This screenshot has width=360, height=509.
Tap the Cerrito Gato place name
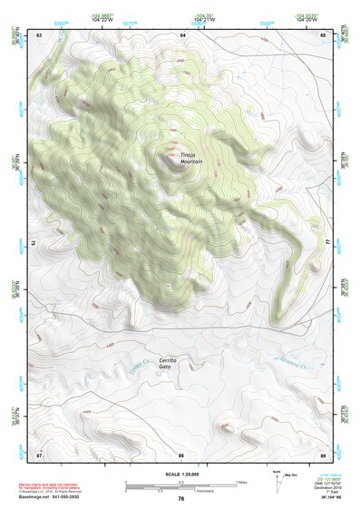pos(168,364)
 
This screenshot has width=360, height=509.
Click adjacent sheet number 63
pos(39,34)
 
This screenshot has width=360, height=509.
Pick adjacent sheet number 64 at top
pos(182,34)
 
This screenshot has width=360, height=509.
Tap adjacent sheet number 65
pos(324,34)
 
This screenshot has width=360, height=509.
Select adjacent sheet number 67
pos(39,453)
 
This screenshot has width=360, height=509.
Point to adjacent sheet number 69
pos(324,453)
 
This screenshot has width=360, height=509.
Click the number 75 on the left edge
pos(34,243)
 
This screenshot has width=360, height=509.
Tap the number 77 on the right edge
pos(328,243)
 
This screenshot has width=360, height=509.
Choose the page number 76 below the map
pos(181,498)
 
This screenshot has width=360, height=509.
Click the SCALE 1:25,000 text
pos(181,475)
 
